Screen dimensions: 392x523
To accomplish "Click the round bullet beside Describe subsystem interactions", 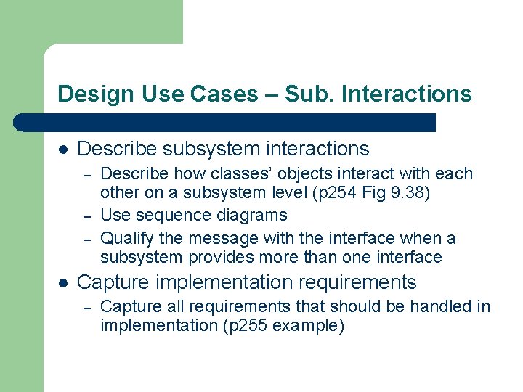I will coord(63,150).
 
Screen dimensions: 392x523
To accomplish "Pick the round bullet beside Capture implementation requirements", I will coord(63,282).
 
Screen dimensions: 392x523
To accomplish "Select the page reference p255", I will coord(240,326).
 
